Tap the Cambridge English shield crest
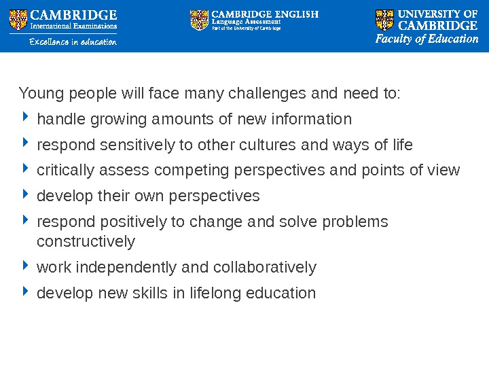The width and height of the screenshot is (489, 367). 200,20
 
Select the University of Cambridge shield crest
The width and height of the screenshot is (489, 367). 384,20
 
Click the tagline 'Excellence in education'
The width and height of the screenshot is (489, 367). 73,42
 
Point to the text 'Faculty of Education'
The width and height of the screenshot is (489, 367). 427,39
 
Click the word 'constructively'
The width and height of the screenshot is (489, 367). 86,241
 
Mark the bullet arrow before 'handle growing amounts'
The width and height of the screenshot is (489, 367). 25,120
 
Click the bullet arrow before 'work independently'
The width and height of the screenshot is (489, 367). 25,267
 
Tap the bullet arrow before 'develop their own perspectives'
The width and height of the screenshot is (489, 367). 25,196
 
